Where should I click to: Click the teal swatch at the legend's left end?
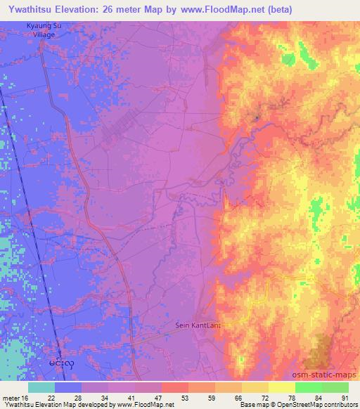coord(41,387)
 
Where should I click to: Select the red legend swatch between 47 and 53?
coord(174,387)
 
